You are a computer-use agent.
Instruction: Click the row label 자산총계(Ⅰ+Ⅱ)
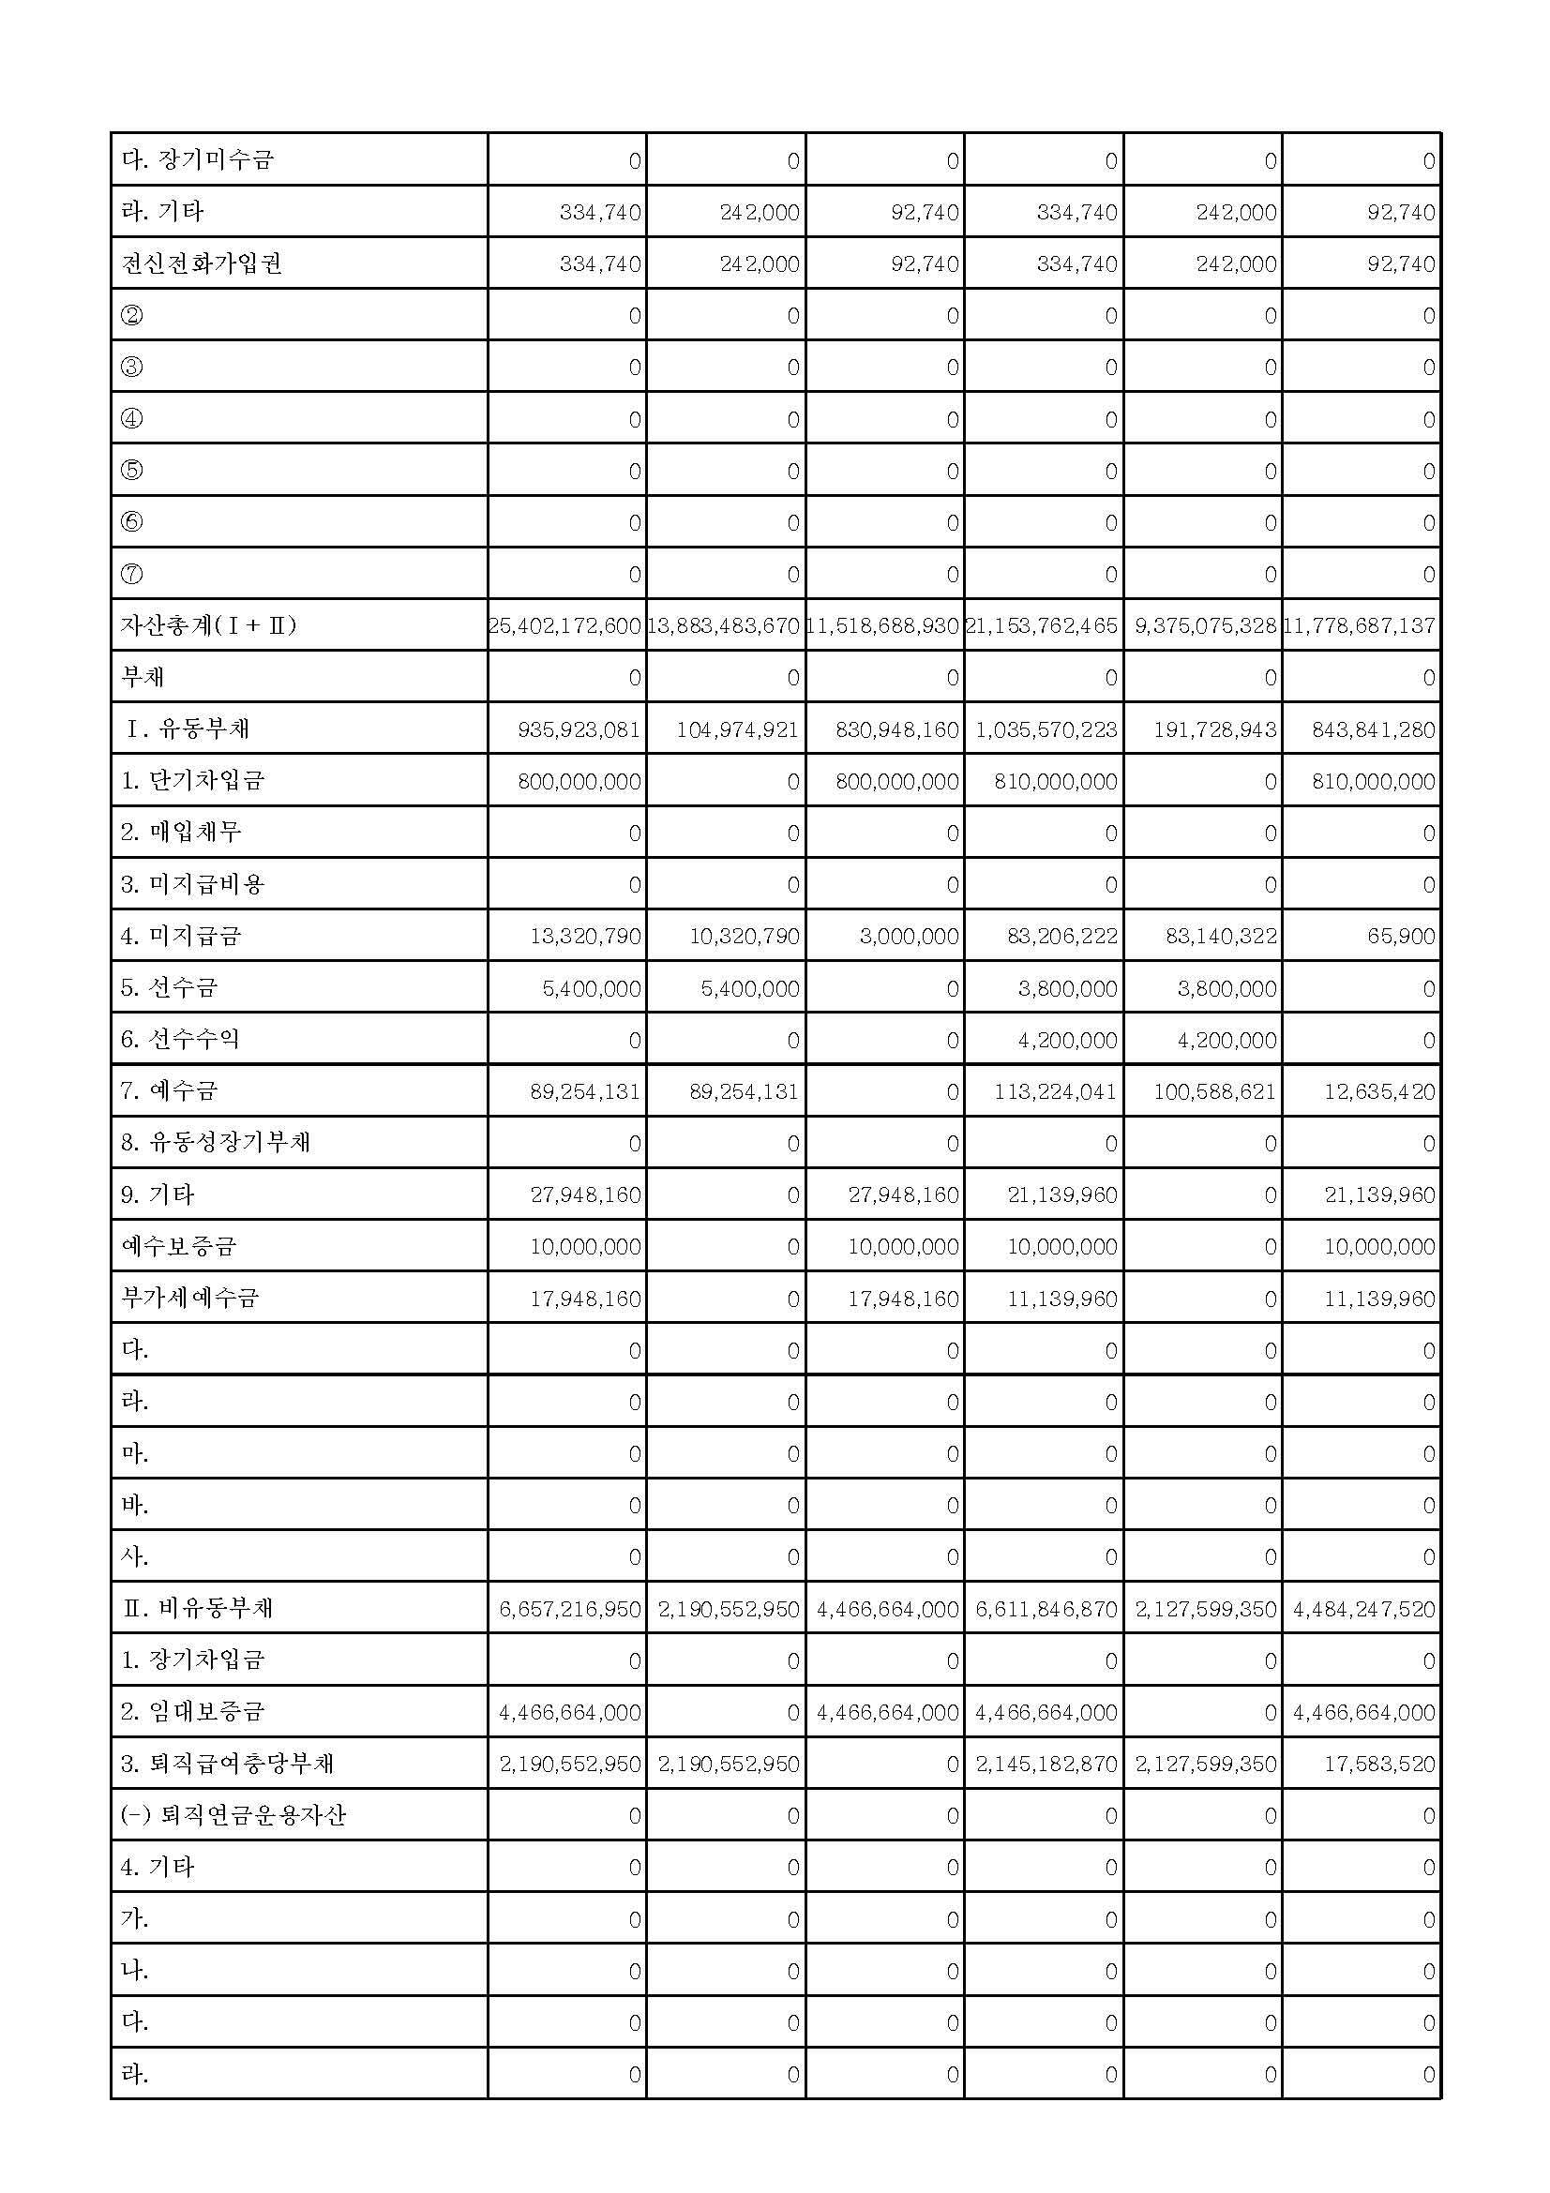pyautogui.click(x=208, y=625)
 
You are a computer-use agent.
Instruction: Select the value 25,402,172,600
pyautogui.click(x=564, y=626)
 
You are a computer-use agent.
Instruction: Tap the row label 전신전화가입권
pyautogui.click(x=202, y=263)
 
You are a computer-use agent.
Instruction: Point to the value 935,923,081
pyautogui.click(x=579, y=729)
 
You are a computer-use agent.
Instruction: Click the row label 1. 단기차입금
pyautogui.click(x=192, y=781)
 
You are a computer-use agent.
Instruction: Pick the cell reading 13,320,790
pyautogui.click(x=585, y=936)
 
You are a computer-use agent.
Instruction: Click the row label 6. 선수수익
pyautogui.click(x=179, y=1039)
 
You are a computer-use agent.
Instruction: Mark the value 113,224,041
pyautogui.click(x=1054, y=1091)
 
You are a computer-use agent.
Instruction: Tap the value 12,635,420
pyautogui.click(x=1379, y=1091)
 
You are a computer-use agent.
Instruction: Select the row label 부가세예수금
pyautogui.click(x=190, y=1298)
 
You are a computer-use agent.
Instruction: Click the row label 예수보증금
pyautogui.click(x=178, y=1246)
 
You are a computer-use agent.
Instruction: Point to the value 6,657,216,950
pyautogui.click(x=570, y=1610)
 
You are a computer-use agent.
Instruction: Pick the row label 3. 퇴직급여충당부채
pyautogui.click(x=227, y=1765)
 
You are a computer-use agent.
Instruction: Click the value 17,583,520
pyautogui.click(x=1379, y=1765)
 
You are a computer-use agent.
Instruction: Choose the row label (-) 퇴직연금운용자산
pyautogui.click(x=233, y=1816)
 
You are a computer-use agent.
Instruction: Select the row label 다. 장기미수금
pyautogui.click(x=197, y=159)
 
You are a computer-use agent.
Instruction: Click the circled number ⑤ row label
pyautogui.click(x=132, y=470)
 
